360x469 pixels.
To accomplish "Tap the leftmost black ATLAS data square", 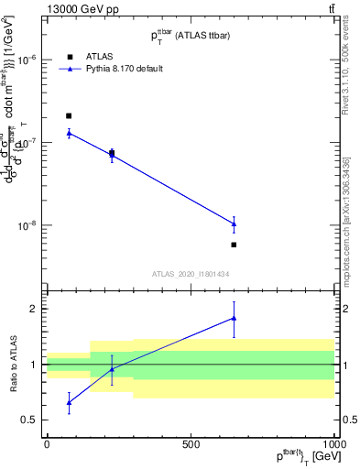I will click(69, 116).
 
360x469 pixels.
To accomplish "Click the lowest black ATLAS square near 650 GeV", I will click(235, 245).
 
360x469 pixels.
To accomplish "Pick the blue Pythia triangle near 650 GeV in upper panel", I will click(235, 224).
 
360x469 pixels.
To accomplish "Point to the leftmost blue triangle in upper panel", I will click(69, 133).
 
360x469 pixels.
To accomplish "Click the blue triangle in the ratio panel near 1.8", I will click(235, 318).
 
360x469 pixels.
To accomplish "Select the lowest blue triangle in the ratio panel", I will click(69, 402).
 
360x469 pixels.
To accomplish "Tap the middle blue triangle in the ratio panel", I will click(112, 369).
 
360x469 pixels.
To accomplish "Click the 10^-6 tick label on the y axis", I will click(26, 60).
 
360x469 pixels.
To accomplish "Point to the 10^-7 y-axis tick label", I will click(26, 142).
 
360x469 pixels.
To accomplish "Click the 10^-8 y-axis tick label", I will click(26, 225).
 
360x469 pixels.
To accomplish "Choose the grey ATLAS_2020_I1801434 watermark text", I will click(190, 274).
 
